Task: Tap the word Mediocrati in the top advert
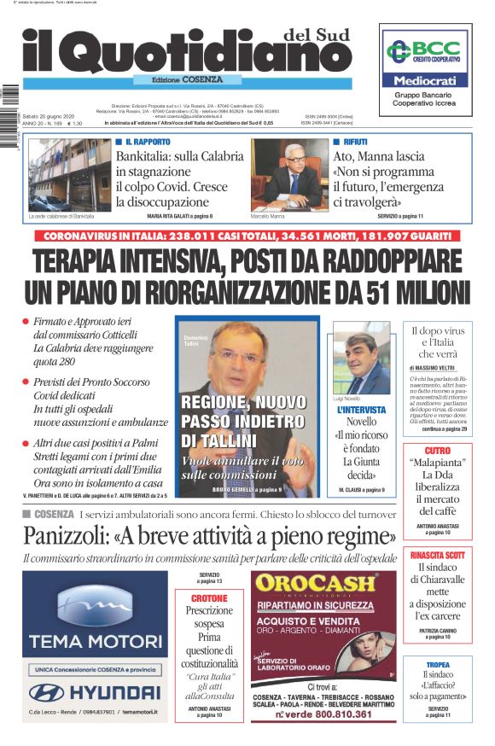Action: point(426,79)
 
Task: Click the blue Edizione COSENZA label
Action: point(178,79)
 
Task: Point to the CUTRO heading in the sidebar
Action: point(437,450)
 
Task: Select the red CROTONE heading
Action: point(209,598)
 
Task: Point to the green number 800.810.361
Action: point(335,714)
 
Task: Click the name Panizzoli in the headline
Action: point(72,537)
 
